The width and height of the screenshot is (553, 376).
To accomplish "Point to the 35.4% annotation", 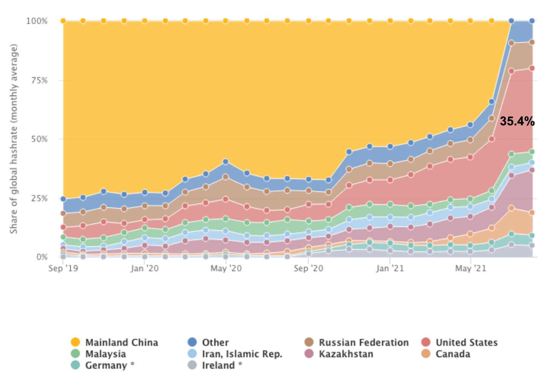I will pos(517,121).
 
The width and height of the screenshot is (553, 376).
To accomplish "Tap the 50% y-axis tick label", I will pos(39,139).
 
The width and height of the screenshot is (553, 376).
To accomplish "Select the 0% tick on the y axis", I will pos(42,257).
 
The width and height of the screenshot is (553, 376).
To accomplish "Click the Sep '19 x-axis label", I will pos(63,269).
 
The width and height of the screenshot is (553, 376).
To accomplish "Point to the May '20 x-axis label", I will pos(226,269).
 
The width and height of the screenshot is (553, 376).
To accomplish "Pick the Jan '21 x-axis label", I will pos(390,269).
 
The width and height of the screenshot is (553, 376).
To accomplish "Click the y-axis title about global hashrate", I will pos(14,139).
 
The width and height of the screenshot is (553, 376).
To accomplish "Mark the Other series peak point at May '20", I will pos(226,162).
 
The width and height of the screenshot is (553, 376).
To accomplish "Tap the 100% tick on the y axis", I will pos(37,21).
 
